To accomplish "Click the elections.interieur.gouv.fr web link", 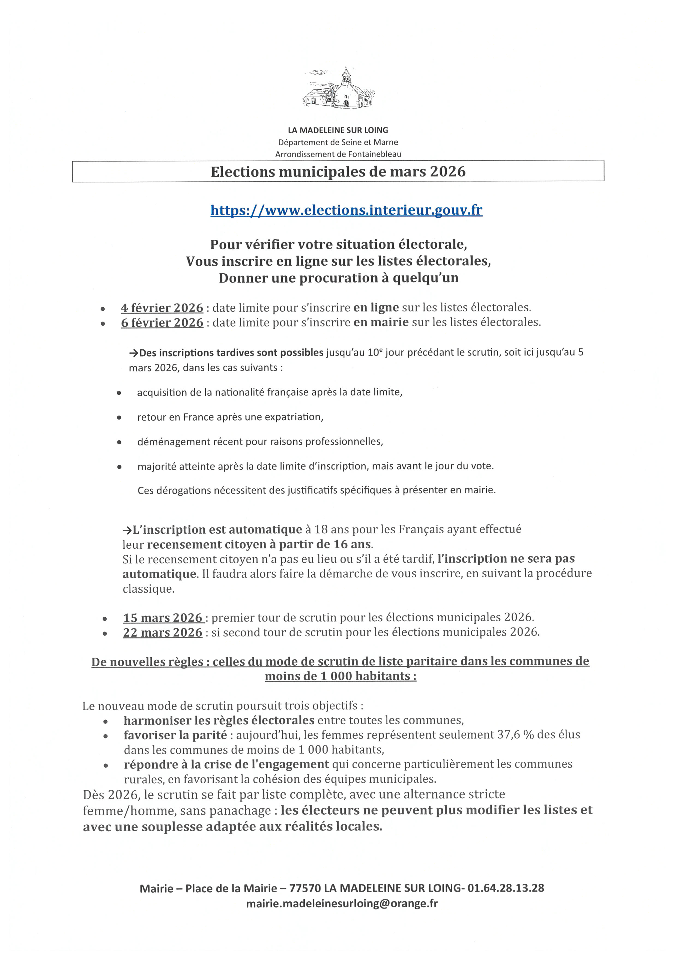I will (x=347, y=210).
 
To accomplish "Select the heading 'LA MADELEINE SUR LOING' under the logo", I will (x=338, y=130).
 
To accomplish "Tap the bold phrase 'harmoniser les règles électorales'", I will (x=219, y=720).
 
